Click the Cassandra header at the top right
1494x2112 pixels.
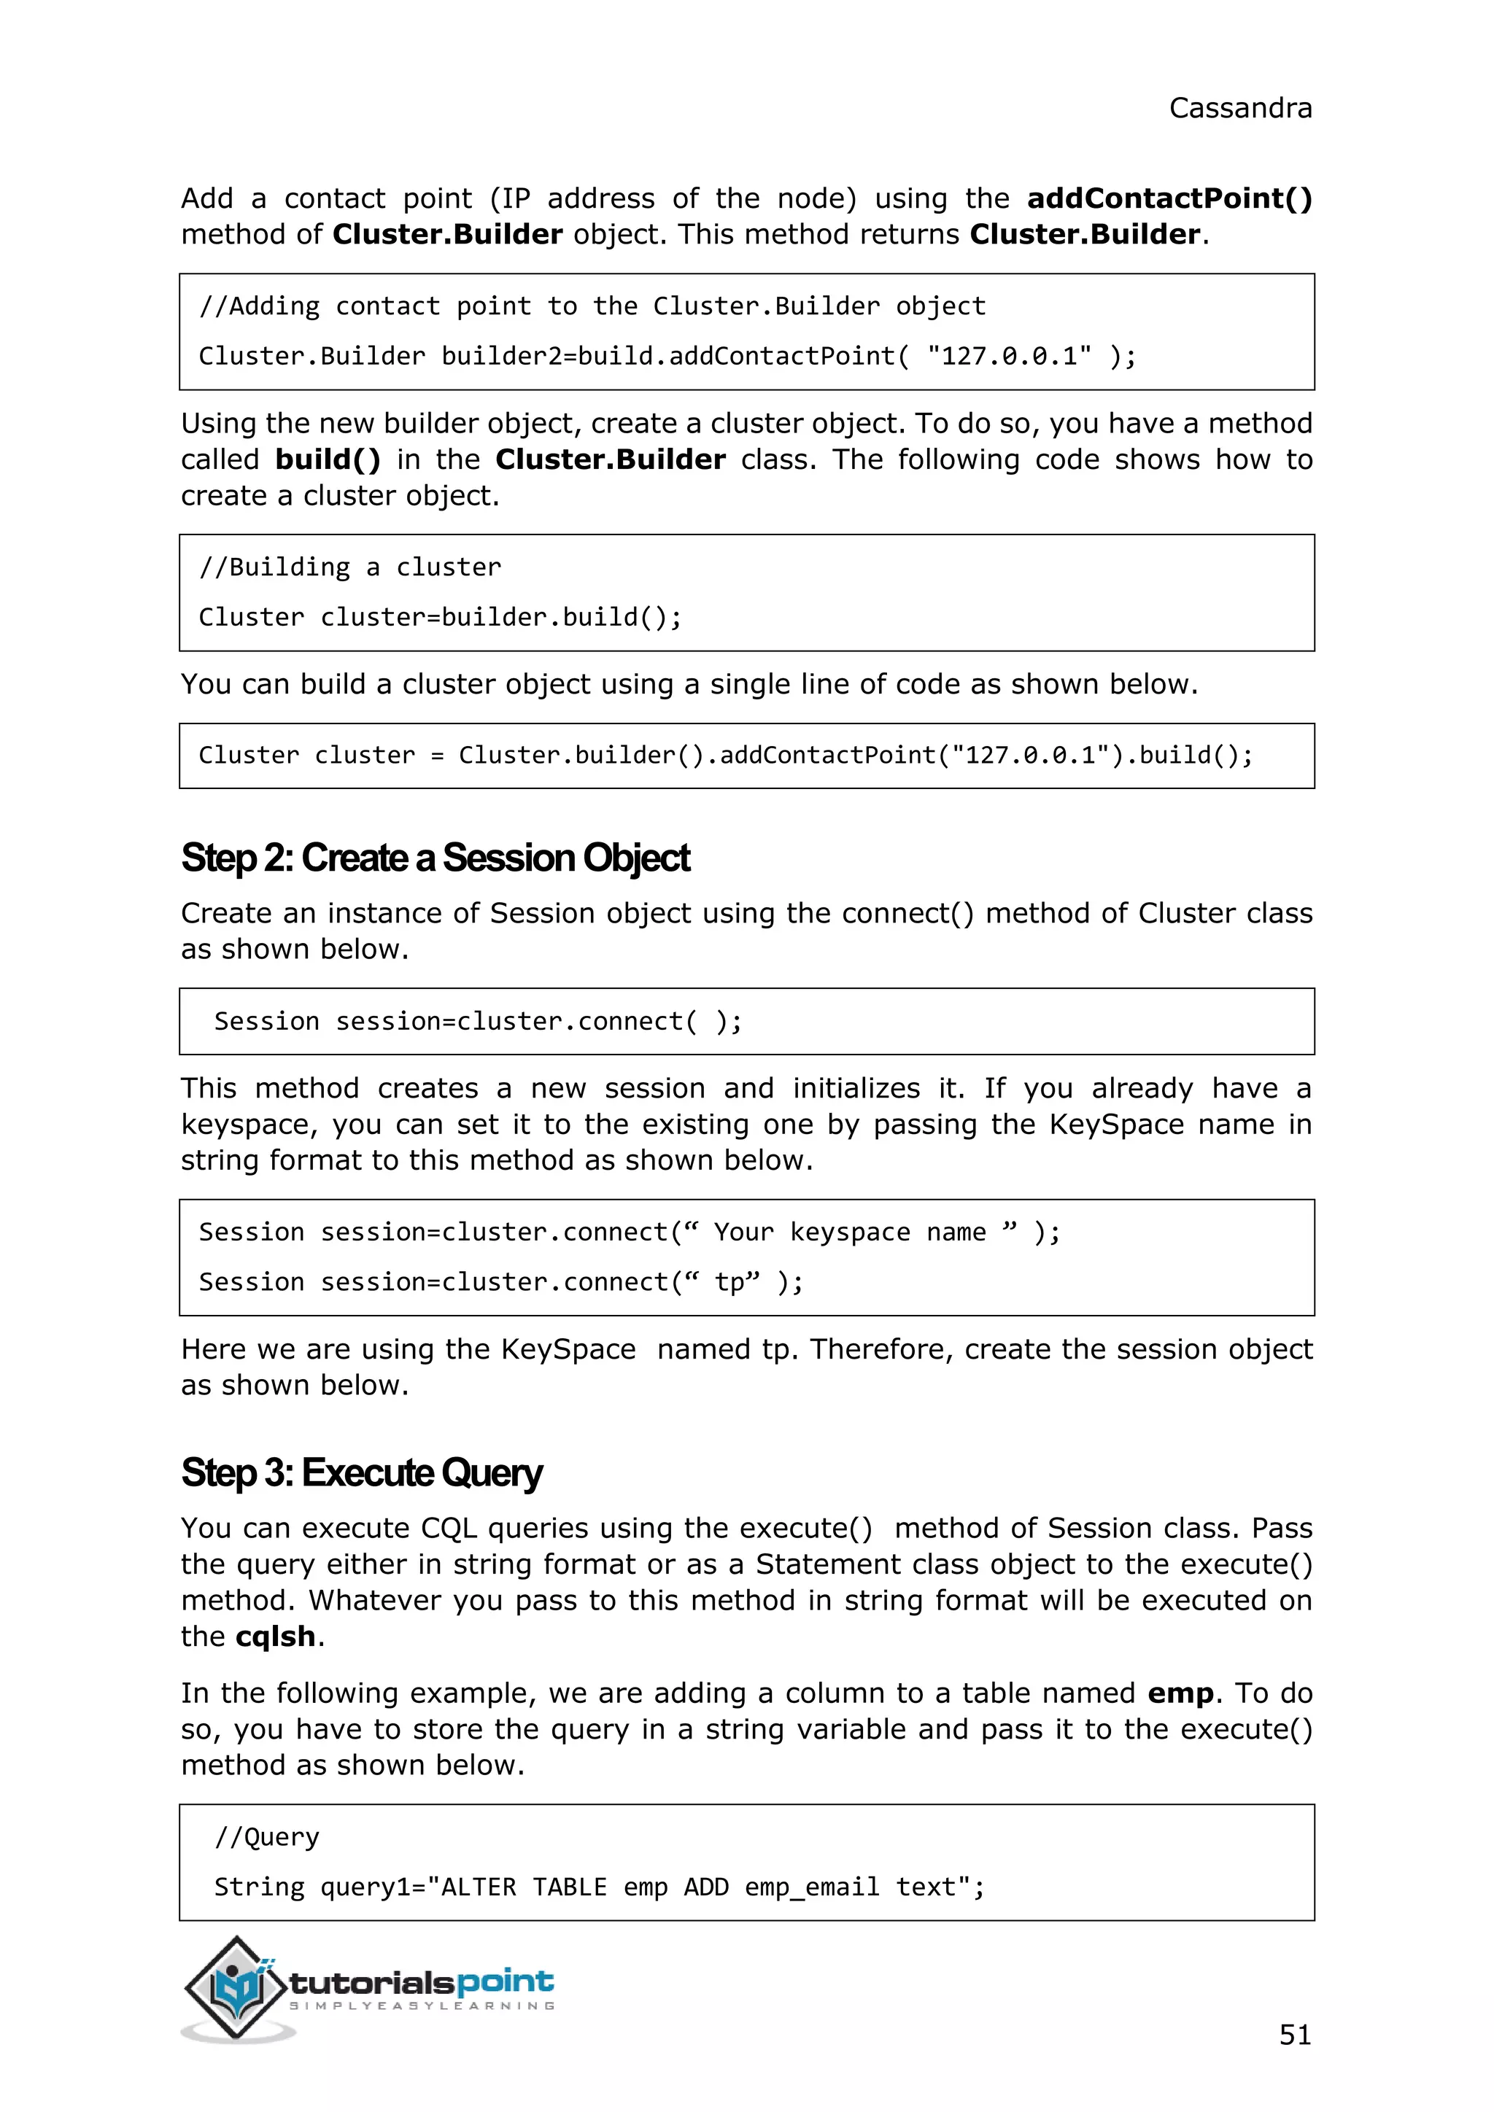coord(1239,109)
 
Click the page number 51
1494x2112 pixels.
coord(1294,2034)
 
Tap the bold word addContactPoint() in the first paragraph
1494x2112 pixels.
coord(1169,198)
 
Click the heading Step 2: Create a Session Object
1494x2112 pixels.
coord(435,858)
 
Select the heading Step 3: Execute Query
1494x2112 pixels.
coord(362,1472)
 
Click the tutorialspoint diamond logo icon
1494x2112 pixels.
coord(235,1987)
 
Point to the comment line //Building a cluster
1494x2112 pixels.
coord(350,567)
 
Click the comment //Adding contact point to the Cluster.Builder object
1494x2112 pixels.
coord(592,306)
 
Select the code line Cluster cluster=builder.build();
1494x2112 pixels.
coord(440,617)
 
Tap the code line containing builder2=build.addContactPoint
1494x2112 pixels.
coord(667,357)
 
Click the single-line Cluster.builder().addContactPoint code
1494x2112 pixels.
coord(725,756)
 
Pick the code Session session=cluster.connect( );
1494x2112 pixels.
coord(478,1022)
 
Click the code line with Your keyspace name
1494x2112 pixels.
coord(630,1232)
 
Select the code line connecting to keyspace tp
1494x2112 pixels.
coord(500,1282)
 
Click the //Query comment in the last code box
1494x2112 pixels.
coord(267,1837)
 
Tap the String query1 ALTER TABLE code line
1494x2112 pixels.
coord(599,1887)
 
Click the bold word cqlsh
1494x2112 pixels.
coord(275,1637)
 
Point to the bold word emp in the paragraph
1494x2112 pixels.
coord(1180,1693)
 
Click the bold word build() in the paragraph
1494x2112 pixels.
coord(328,460)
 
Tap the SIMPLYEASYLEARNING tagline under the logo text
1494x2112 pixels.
coord(422,2006)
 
